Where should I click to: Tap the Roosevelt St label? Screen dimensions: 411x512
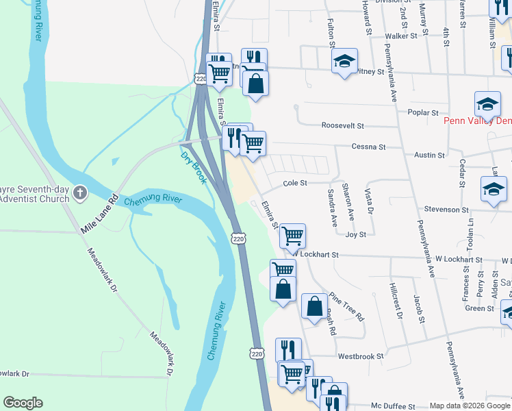pos(343,126)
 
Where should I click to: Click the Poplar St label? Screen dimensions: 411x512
pos(422,112)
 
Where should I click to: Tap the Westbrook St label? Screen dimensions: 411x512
pos(361,356)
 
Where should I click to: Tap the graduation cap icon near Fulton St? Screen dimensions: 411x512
pos(345,61)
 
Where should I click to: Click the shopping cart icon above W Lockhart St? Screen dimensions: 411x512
pos(293,236)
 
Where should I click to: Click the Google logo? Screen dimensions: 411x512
pos(23,403)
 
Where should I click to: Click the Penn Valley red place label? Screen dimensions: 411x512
pos(478,121)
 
